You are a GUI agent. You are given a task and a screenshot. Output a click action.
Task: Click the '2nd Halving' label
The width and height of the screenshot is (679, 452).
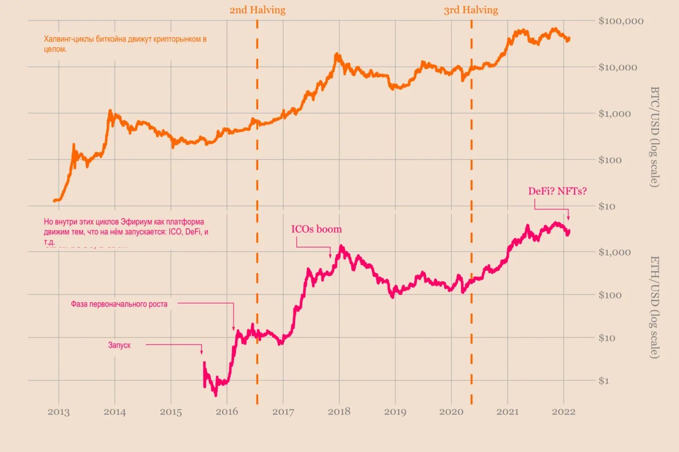[257, 10]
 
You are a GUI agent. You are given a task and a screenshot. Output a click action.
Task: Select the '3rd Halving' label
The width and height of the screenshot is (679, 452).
[471, 10]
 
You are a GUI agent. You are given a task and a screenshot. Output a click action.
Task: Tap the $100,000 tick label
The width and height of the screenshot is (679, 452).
[621, 21]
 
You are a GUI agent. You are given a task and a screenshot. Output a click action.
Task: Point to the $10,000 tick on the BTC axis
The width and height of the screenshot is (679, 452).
[617, 67]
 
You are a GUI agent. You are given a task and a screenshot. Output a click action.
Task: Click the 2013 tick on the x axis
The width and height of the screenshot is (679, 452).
[59, 412]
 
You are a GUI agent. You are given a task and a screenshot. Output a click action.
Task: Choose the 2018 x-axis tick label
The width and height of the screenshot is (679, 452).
[339, 412]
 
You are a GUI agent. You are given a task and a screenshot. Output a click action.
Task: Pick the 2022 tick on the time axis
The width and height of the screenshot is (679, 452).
[563, 412]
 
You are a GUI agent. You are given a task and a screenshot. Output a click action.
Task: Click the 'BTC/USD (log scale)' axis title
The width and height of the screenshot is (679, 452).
[655, 137]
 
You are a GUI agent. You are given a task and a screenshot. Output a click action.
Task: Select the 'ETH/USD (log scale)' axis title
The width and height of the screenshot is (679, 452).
[655, 307]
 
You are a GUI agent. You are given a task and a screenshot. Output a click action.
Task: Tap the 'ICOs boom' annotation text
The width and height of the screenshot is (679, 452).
[316, 230]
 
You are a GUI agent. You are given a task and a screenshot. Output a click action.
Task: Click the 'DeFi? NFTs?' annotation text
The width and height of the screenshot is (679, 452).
[557, 191]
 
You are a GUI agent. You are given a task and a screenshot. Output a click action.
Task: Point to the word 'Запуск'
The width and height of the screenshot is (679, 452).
[120, 345]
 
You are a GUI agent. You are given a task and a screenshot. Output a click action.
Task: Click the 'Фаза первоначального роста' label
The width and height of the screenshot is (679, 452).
[119, 304]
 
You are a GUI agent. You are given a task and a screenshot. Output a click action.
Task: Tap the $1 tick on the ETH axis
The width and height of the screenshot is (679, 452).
[604, 381]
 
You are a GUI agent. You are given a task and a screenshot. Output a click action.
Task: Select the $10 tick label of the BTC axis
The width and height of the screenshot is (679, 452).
[607, 206]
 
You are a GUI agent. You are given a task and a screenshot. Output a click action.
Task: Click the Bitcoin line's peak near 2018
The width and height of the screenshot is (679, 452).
[336, 54]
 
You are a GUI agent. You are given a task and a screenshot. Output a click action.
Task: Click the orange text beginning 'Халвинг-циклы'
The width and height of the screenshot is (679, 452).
[125, 44]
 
